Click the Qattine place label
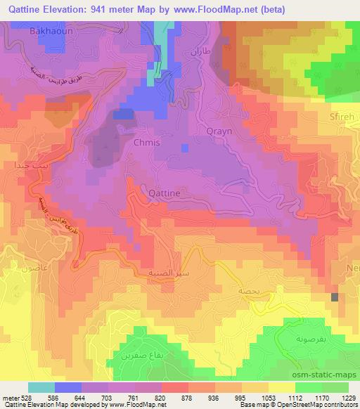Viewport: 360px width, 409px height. point(164,191)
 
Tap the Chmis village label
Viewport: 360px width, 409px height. point(146,142)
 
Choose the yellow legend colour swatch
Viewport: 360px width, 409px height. point(281,387)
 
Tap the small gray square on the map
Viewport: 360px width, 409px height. point(335,297)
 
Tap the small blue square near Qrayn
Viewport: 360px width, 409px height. point(184,148)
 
